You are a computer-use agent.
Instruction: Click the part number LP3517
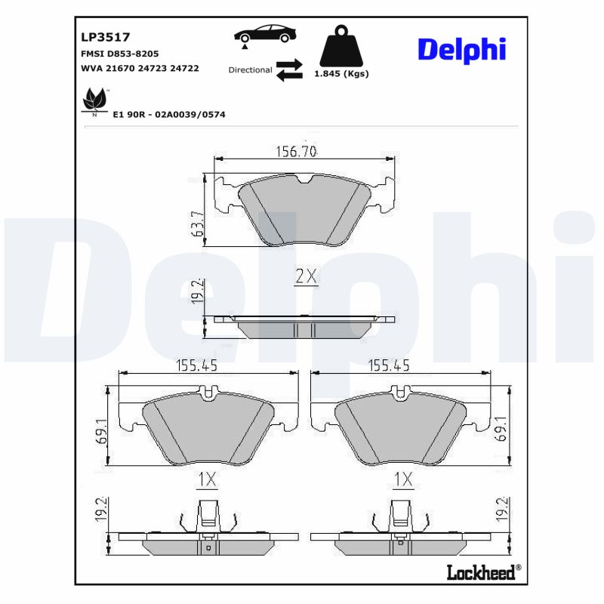point(106,36)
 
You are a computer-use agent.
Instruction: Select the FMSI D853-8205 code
point(119,54)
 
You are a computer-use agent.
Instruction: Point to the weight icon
point(341,47)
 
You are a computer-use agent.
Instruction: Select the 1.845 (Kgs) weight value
point(341,74)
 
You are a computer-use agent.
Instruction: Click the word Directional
point(250,69)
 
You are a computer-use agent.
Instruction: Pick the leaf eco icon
point(94,100)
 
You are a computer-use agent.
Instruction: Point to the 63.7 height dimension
point(197,223)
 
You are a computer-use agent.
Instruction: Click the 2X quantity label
point(306,276)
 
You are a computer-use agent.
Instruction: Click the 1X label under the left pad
point(206,479)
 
